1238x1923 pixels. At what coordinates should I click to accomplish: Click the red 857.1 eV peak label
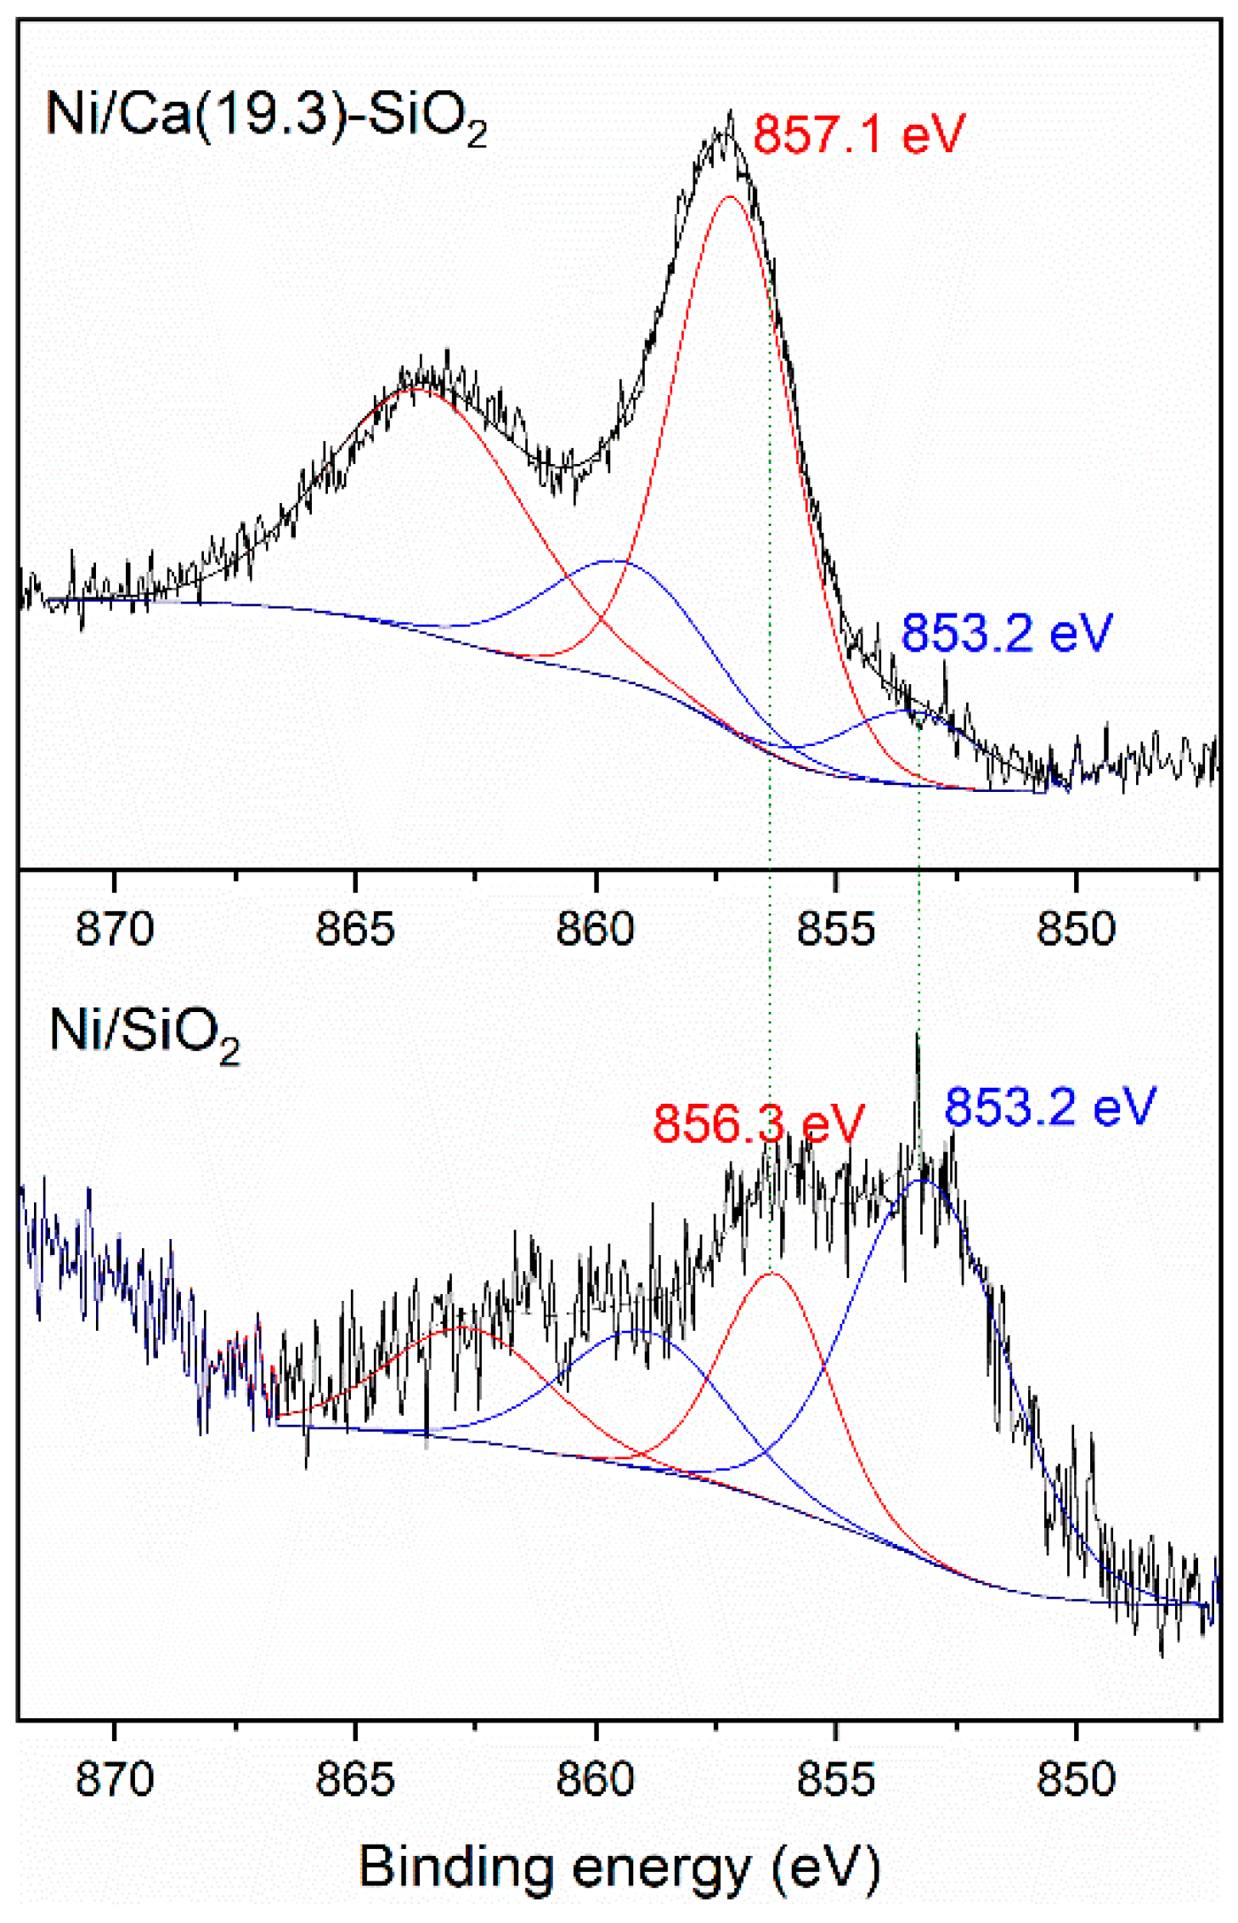(x=859, y=134)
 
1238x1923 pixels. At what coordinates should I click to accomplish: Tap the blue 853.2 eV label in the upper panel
(x=1006, y=633)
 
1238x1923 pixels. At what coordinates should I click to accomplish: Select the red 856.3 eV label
(x=758, y=1123)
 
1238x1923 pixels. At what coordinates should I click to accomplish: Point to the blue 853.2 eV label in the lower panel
(x=1050, y=1106)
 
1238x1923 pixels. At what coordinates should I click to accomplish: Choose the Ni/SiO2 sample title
(x=144, y=1032)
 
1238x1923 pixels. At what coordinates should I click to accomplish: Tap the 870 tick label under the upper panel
(x=115, y=929)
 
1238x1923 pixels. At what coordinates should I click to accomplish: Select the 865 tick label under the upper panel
(x=355, y=929)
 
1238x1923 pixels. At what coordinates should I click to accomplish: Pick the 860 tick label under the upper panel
(x=596, y=929)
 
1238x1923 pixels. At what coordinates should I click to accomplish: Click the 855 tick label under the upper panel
(x=836, y=929)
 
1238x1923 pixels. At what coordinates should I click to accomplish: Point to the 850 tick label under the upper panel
(x=1076, y=929)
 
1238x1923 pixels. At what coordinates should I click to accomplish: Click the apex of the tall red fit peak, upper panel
(x=730, y=196)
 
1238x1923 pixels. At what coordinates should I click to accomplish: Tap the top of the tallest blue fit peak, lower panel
(x=922, y=1180)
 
